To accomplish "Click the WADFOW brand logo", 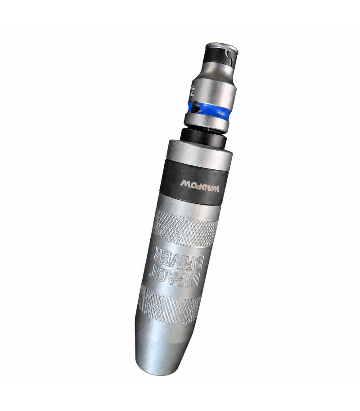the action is (200, 185).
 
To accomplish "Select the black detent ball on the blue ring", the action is (196, 107).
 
